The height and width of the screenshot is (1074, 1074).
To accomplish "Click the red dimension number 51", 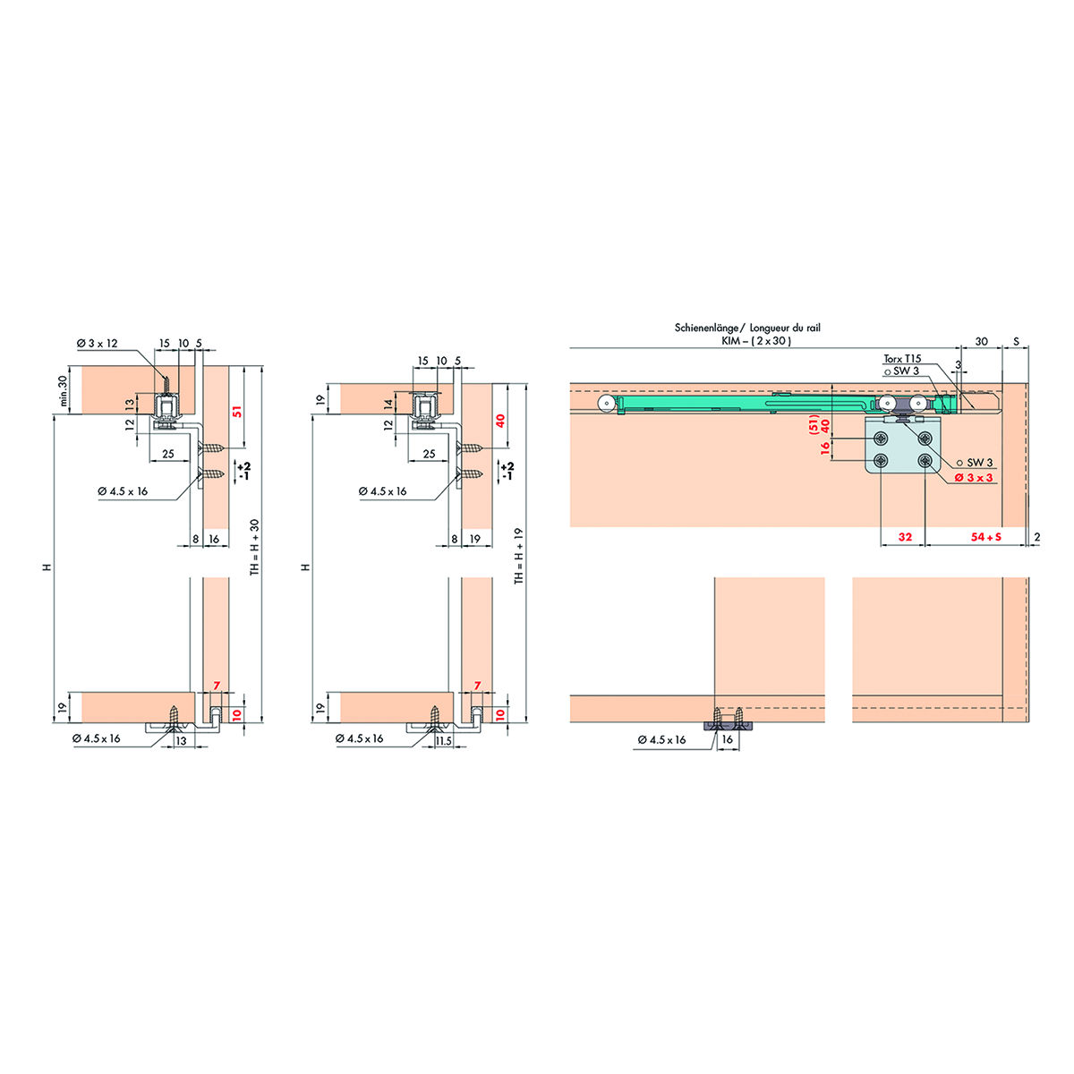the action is click(x=237, y=412).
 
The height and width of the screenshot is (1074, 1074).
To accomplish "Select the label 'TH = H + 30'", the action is click(x=255, y=547).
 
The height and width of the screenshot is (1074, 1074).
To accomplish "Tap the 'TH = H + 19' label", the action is click(x=519, y=555).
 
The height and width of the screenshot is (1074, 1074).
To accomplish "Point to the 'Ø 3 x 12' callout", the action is click(x=98, y=344).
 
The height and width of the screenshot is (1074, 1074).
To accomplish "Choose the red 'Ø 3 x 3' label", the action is click(x=974, y=478).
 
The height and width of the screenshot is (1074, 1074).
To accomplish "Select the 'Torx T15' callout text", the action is click(x=902, y=359).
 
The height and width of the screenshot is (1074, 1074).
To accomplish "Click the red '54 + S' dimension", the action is click(x=986, y=537).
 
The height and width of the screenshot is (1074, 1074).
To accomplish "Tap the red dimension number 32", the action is click(x=906, y=537).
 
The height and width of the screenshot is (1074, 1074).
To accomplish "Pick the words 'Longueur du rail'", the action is click(x=785, y=328).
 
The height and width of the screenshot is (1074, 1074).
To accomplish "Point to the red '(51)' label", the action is click(x=814, y=424).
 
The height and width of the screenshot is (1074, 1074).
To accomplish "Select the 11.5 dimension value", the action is click(x=444, y=741).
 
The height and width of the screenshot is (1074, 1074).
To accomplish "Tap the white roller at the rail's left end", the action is click(x=605, y=404).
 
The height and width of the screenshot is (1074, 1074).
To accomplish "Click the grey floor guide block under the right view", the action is click(x=728, y=726).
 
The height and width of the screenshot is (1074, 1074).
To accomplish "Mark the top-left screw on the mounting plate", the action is click(x=881, y=439).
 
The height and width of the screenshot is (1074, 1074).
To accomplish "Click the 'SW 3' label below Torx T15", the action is click(x=906, y=371).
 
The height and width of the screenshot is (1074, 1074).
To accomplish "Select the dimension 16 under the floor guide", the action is click(x=728, y=739).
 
